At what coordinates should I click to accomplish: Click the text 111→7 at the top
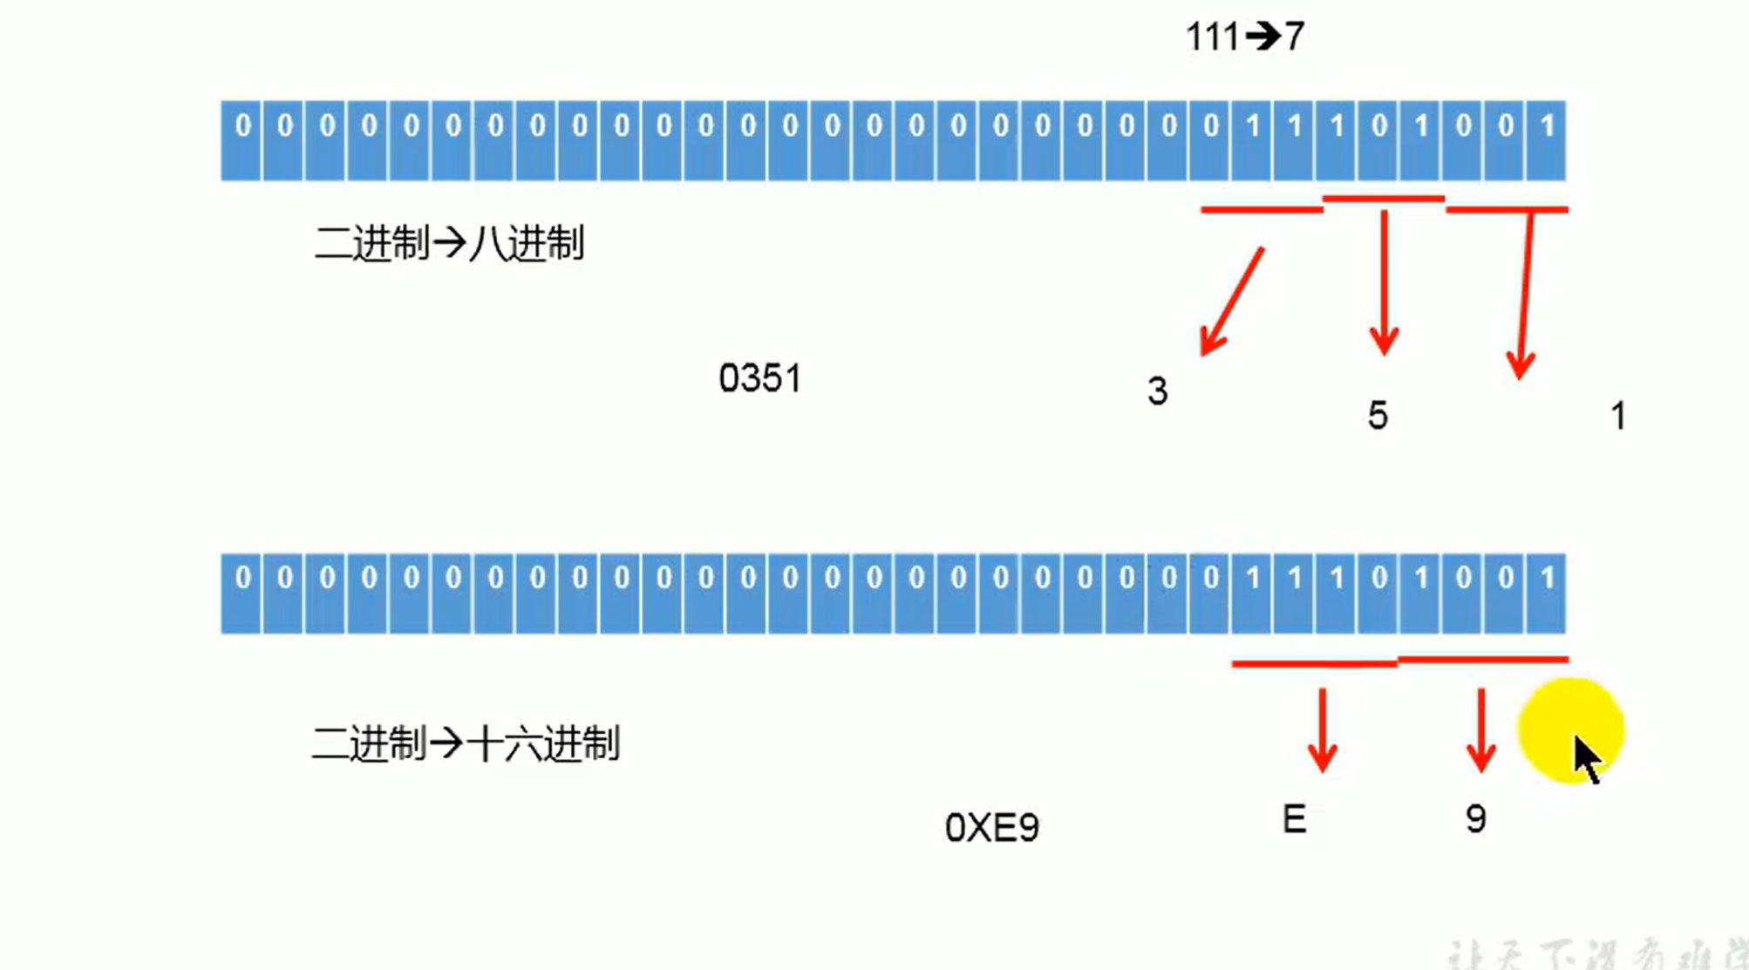point(1244,37)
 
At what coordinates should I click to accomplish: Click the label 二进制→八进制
point(449,243)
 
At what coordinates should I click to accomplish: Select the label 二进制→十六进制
point(465,744)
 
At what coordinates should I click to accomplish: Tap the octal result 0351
point(759,378)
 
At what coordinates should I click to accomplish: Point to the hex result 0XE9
point(991,827)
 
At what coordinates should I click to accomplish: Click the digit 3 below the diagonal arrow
point(1157,391)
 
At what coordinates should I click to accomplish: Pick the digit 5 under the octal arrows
point(1378,416)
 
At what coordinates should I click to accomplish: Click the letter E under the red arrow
point(1294,819)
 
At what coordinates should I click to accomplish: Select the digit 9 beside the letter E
point(1475,818)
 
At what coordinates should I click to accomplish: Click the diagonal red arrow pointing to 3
point(1232,302)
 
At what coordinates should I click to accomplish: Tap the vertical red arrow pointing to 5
point(1384,283)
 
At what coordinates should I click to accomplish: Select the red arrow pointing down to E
point(1323,730)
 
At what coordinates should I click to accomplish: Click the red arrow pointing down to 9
point(1480,730)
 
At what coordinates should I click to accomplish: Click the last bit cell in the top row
point(1547,140)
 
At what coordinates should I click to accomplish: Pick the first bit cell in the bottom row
point(242,593)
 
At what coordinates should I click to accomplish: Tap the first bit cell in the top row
point(242,140)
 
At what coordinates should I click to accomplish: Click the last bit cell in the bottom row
point(1547,593)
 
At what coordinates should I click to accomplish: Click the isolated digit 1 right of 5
point(1618,416)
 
